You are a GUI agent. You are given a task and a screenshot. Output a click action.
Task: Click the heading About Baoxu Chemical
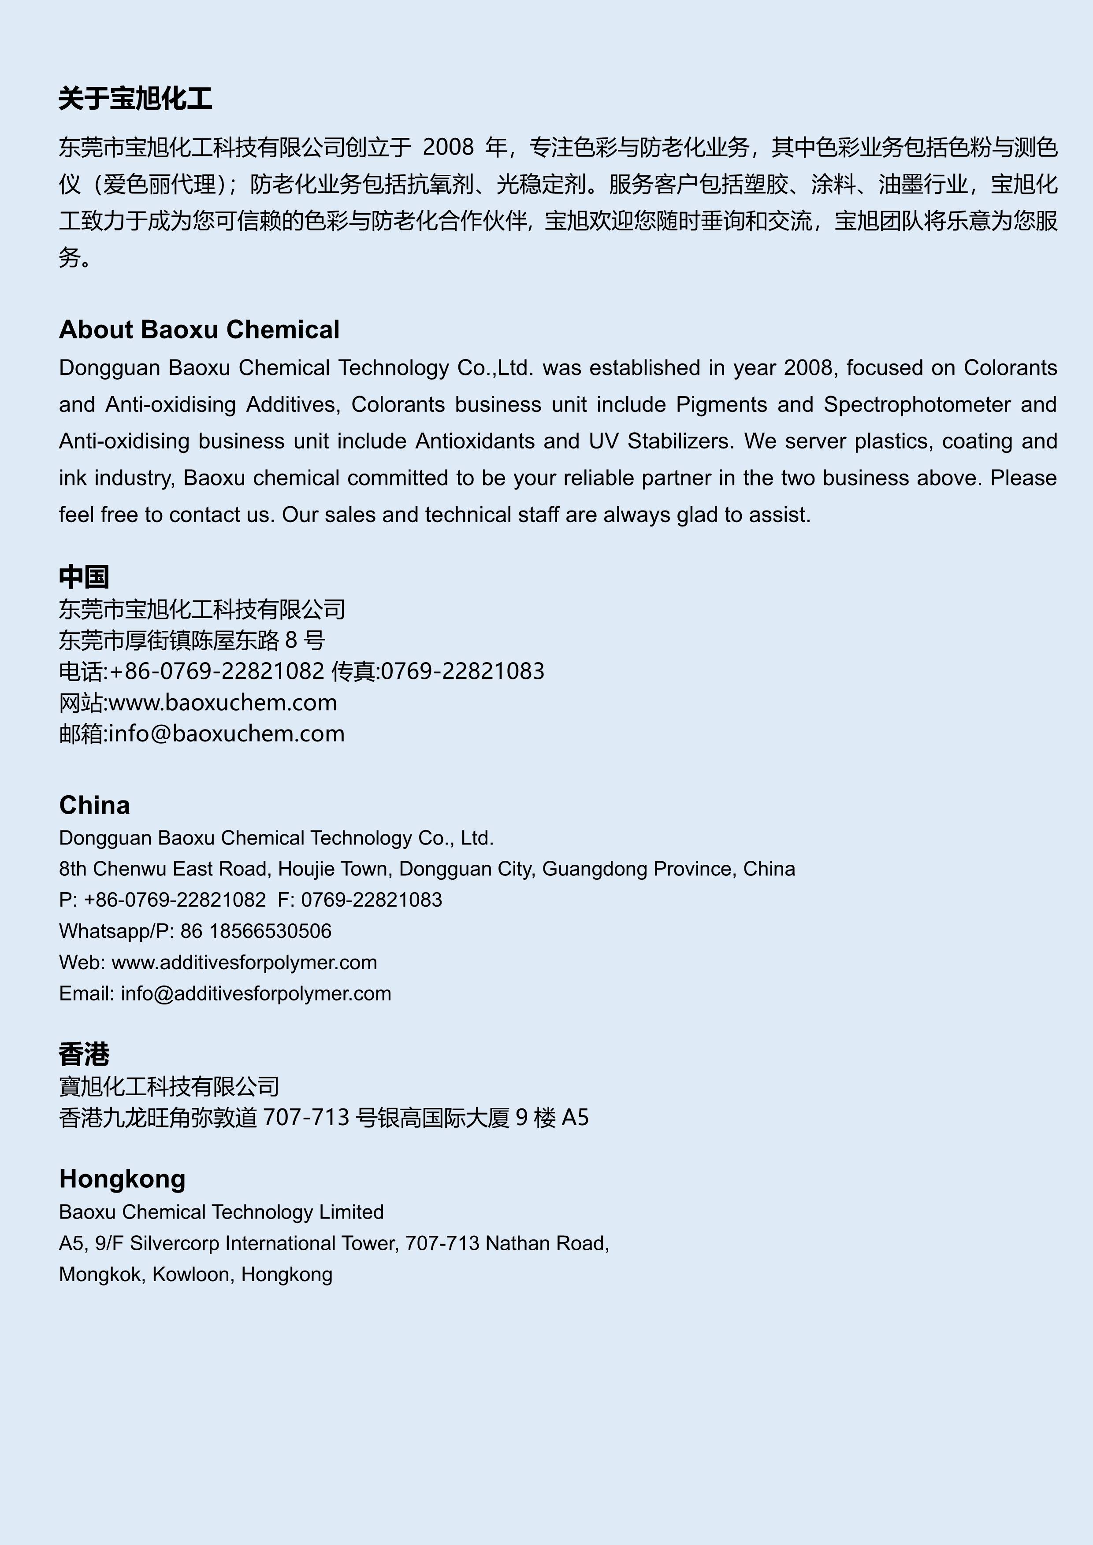click(x=199, y=330)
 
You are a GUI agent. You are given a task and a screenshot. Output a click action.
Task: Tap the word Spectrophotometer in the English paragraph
click(x=917, y=404)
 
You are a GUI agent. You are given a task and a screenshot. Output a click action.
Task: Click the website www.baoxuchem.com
click(x=223, y=703)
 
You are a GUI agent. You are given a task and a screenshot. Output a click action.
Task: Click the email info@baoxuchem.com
click(x=226, y=734)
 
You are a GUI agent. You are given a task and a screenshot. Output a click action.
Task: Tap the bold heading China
click(x=94, y=805)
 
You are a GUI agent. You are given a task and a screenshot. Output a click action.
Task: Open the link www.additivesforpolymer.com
click(x=244, y=962)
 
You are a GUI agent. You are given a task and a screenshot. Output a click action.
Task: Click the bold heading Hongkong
click(x=122, y=1179)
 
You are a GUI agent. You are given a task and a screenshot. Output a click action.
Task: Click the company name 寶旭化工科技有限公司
click(x=169, y=1086)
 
